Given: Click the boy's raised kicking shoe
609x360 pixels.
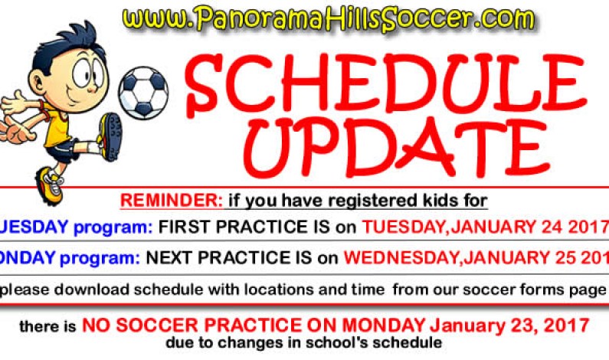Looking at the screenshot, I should coord(111,136).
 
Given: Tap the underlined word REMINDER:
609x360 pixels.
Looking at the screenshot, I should coord(171,201).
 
